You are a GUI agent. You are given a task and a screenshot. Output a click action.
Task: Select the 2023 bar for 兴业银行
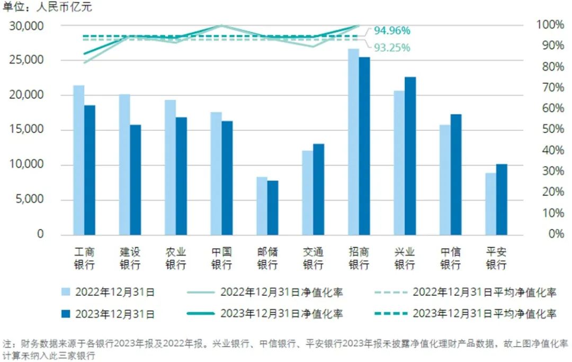click(x=410, y=156)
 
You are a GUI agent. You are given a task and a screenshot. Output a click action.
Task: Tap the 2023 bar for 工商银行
click(x=90, y=169)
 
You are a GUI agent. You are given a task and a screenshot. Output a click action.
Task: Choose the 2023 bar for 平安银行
click(x=502, y=199)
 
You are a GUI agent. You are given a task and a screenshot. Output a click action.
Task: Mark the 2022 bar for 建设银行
click(x=124, y=164)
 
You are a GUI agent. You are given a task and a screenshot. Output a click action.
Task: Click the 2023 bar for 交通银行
click(x=318, y=189)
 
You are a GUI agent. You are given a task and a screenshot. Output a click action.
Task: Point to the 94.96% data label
click(x=392, y=30)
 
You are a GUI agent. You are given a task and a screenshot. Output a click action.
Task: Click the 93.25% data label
click(x=392, y=48)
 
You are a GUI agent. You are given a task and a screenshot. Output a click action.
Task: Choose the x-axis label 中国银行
click(x=221, y=258)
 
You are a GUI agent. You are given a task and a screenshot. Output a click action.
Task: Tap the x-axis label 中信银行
click(x=450, y=258)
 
